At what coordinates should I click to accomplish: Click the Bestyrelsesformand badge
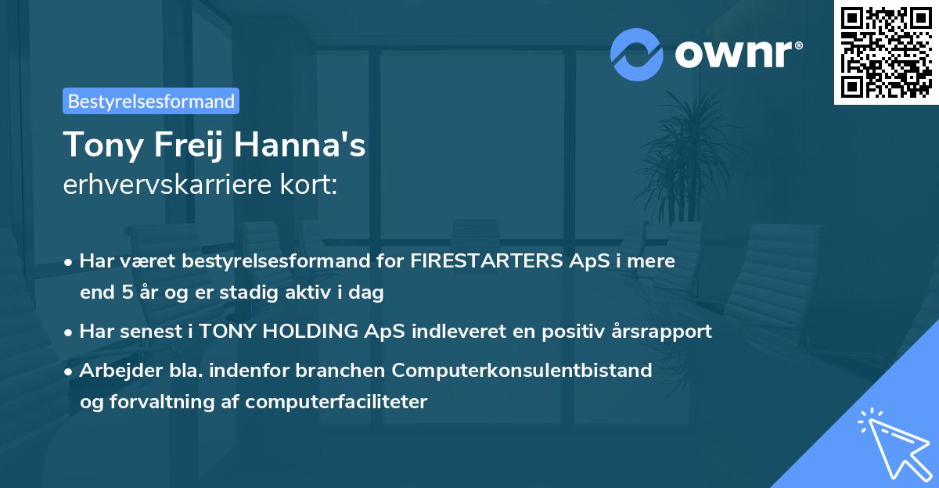coord(151,101)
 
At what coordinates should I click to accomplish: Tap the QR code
coord(886,52)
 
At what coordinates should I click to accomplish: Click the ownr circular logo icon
coord(638,54)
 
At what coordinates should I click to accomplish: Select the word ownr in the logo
coord(736,55)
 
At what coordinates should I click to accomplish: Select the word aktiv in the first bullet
coord(322,293)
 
